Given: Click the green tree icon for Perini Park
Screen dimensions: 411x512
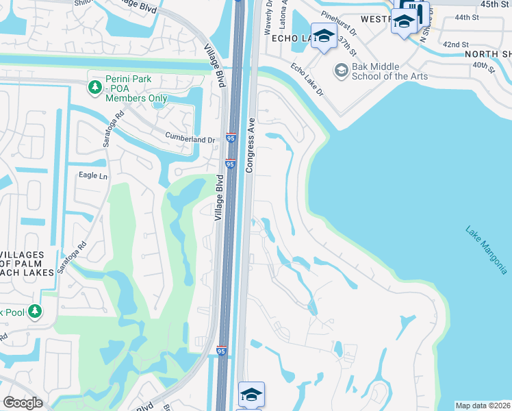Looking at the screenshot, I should click(94, 87).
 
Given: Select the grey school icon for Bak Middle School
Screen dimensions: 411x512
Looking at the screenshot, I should click(341, 71).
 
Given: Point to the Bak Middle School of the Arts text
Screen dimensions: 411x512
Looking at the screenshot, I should click(389, 71).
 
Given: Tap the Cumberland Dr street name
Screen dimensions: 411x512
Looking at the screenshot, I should click(190, 140).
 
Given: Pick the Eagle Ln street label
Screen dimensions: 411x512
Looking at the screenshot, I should click(94, 176).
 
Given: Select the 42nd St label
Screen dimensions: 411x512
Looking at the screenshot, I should click(456, 44).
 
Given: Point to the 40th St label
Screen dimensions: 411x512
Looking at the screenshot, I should click(483, 66).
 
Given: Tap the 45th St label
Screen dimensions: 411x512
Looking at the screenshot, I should click(495, 4).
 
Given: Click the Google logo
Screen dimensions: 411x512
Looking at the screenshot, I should click(23, 403).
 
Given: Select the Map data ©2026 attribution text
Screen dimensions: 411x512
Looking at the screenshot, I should click(483, 405).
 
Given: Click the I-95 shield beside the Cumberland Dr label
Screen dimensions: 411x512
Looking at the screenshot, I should click(231, 139).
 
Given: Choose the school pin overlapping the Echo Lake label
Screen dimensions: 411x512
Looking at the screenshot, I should click(323, 36).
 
